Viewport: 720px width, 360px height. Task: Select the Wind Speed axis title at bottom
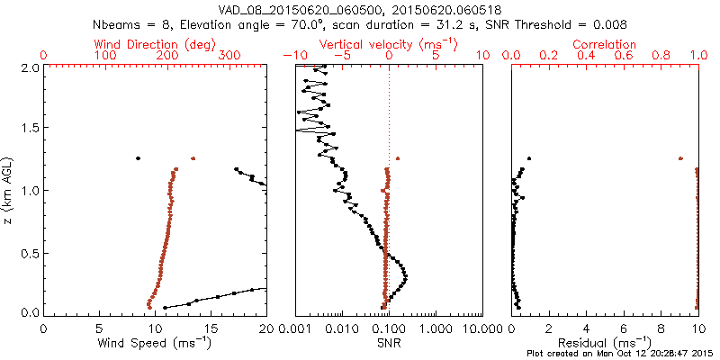coord(155,343)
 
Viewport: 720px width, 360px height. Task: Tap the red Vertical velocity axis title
coord(387,44)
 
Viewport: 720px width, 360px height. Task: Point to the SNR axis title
coord(389,343)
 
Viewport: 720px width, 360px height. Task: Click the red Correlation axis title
coord(606,44)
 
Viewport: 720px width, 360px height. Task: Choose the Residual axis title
coord(605,343)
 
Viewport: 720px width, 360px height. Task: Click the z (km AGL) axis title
coord(10,190)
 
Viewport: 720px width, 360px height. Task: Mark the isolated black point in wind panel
coord(138,158)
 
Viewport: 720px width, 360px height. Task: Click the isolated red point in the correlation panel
coord(680,158)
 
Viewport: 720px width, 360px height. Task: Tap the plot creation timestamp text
coord(620,354)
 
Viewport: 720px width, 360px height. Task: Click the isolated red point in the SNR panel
coord(398,158)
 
